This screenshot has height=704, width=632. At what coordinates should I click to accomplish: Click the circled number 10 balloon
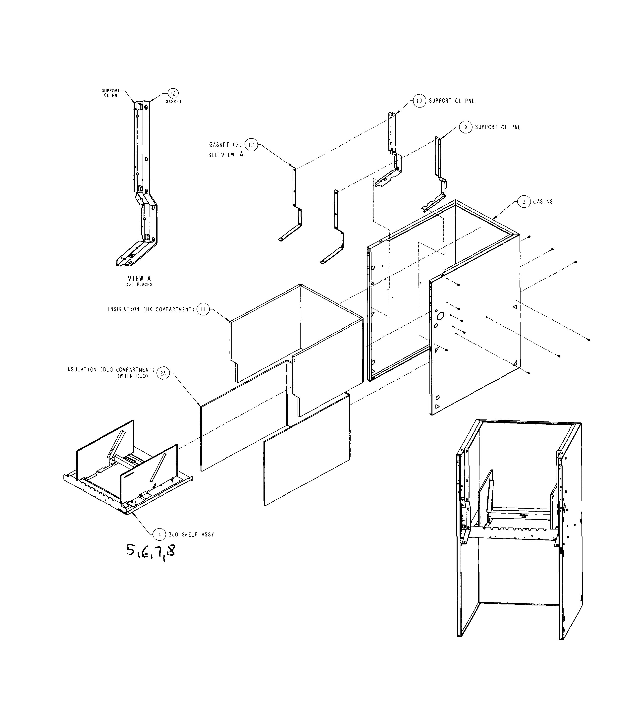[419, 101]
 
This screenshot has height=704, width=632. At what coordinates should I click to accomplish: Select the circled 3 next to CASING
[524, 202]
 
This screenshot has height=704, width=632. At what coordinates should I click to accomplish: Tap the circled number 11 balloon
[203, 309]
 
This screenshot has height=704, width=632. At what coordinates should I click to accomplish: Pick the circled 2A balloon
[163, 374]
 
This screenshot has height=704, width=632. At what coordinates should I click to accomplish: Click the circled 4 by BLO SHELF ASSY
[159, 534]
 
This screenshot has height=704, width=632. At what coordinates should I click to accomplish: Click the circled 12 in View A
[173, 93]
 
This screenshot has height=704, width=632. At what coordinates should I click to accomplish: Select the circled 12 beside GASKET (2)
[251, 145]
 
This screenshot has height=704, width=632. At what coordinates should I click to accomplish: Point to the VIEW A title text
[139, 278]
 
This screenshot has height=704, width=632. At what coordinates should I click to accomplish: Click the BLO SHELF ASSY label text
[191, 534]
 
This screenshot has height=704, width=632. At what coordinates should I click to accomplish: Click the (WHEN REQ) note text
[133, 376]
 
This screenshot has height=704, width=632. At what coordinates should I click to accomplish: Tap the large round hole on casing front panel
[440, 316]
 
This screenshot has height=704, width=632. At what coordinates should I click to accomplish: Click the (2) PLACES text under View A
[139, 285]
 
